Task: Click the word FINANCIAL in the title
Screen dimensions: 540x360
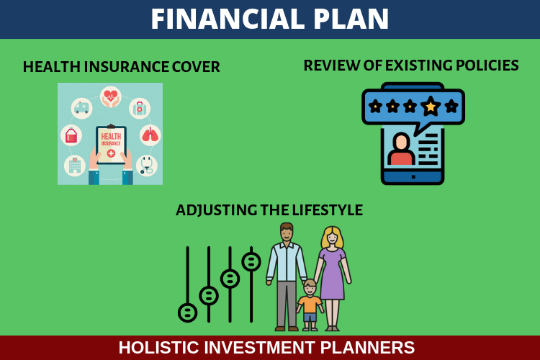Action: point(228,19)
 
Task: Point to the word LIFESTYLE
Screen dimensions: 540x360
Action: point(327,210)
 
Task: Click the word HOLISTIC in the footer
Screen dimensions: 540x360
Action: point(159,347)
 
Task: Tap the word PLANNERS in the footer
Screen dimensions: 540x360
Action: point(367,347)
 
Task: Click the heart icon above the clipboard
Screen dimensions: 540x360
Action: point(111,96)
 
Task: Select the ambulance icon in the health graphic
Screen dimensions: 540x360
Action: point(81,108)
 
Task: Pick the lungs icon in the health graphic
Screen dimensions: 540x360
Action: point(150,135)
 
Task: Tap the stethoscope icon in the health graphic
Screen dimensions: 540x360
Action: point(147,166)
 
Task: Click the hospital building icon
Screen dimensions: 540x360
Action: point(75,166)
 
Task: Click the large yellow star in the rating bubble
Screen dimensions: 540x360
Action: point(431,106)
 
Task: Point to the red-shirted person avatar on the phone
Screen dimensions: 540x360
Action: point(401,149)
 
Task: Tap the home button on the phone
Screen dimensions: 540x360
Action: point(413,177)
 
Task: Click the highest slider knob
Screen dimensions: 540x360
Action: point(251,262)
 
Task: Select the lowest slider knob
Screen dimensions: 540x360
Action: point(188,312)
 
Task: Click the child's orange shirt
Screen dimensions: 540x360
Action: point(310,304)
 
